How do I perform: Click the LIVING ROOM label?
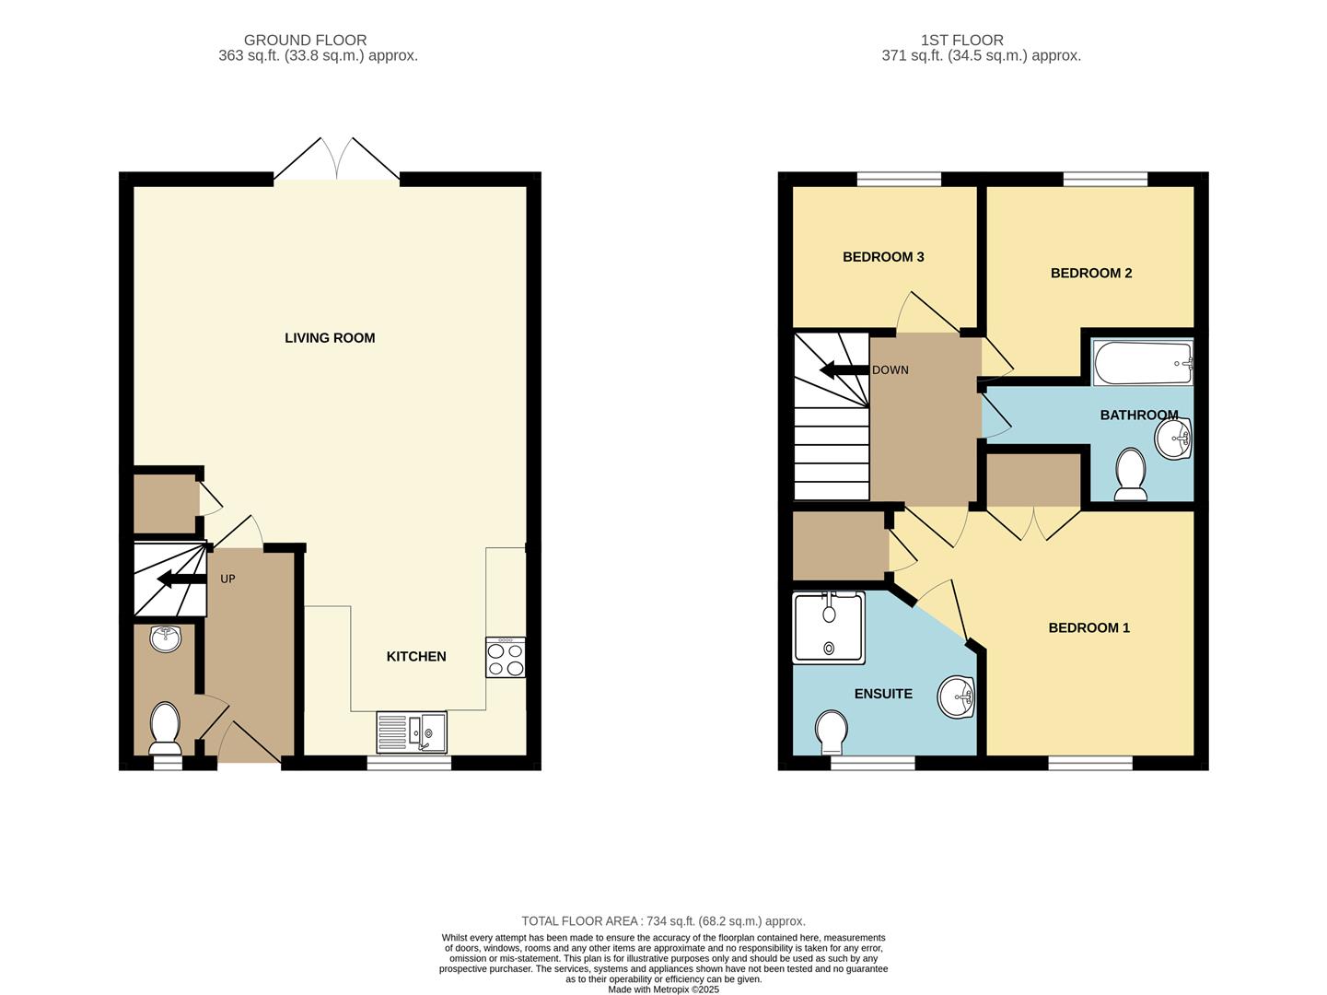[x=330, y=337]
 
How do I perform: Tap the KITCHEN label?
[x=416, y=656]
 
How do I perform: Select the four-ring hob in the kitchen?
[x=506, y=657]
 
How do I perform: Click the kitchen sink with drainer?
[x=412, y=732]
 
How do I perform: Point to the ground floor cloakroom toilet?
[x=165, y=728]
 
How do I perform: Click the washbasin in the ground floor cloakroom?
[x=166, y=638]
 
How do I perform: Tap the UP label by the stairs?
[x=227, y=579]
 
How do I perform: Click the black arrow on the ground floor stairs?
[x=181, y=579]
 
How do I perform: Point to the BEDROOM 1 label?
[x=1088, y=627]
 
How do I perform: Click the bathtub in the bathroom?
[x=1143, y=362]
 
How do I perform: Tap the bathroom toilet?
[x=1131, y=474]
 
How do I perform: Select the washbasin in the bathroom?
[x=1173, y=438]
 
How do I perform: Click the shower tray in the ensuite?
[x=829, y=627]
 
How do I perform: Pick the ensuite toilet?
[x=832, y=732]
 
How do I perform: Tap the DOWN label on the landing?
[x=890, y=370]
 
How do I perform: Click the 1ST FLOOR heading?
[x=961, y=41]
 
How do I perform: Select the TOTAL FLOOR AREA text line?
[x=663, y=921]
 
